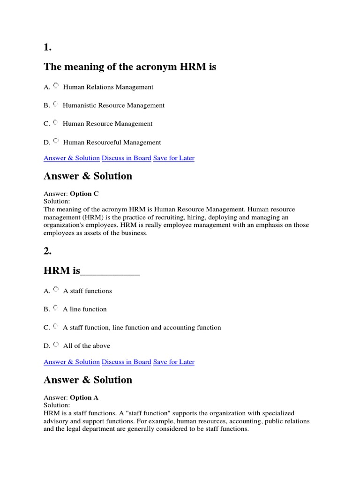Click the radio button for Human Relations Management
tap(56, 86)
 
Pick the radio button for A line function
tap(56, 308)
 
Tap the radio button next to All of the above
tap(56, 345)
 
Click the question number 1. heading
tap(48, 47)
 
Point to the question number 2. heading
tap(48, 251)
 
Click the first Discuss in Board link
tap(127, 158)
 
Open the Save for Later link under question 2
tap(173, 362)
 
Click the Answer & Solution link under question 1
tap(72, 158)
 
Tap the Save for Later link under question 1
tap(173, 158)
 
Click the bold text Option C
tap(84, 194)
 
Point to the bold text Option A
tap(84, 397)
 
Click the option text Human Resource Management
tap(108, 124)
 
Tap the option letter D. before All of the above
tap(47, 346)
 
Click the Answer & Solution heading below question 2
tap(88, 380)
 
